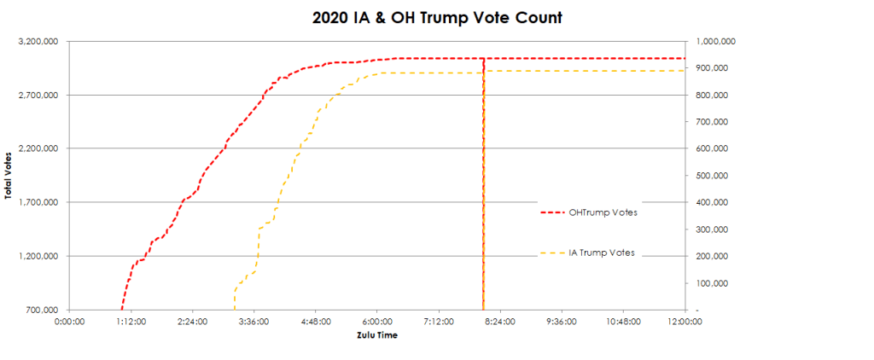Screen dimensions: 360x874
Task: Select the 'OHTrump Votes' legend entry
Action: (x=603, y=212)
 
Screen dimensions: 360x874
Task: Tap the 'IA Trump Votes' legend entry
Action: (x=602, y=253)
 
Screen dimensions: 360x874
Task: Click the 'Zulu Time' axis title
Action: (x=376, y=334)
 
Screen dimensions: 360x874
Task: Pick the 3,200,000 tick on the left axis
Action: (x=39, y=41)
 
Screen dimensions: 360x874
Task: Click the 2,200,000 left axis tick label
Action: (x=39, y=148)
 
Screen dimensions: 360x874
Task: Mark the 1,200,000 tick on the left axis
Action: (x=39, y=256)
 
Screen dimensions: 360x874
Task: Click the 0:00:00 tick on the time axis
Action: (x=69, y=322)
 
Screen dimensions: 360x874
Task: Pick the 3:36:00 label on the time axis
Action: (x=253, y=322)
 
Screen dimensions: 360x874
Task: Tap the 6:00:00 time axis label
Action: (x=377, y=322)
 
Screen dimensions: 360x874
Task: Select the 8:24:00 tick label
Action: (x=500, y=322)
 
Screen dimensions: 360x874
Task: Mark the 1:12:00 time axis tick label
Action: (x=131, y=322)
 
